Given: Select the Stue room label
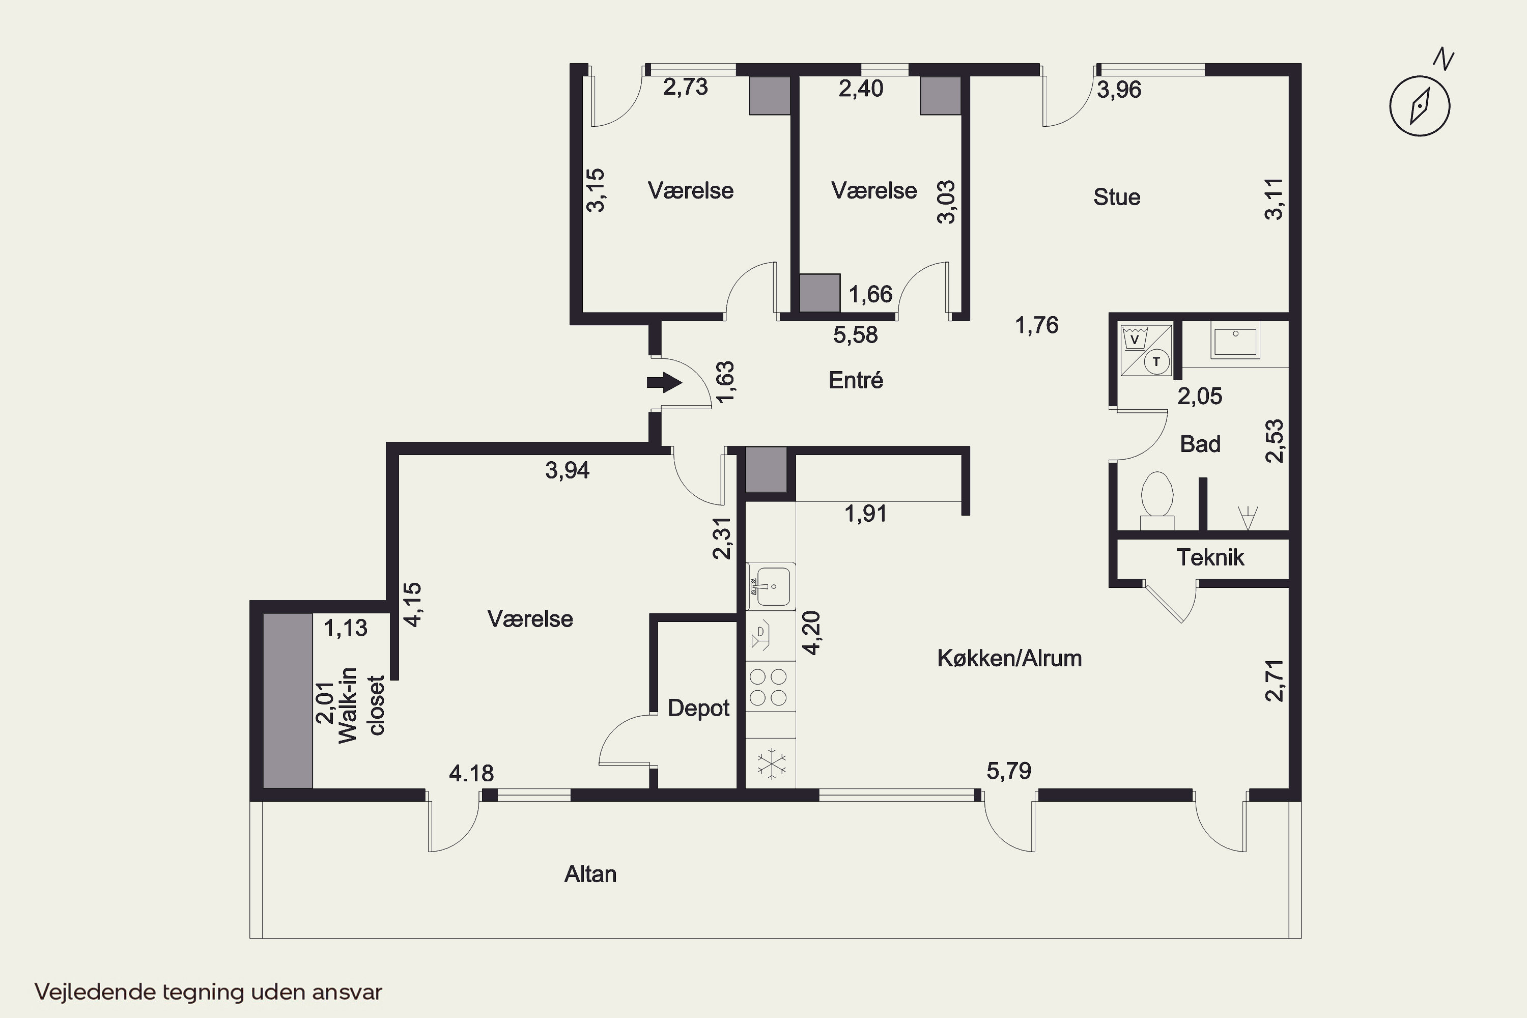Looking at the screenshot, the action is (1117, 196).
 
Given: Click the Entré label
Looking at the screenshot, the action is (856, 380).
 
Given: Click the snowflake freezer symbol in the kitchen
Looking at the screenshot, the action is (771, 763).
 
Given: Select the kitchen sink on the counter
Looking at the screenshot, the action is (771, 586).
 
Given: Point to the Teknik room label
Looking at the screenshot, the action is (1210, 557).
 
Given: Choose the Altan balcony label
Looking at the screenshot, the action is (590, 874).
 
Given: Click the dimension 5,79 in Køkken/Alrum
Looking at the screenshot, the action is (1009, 771).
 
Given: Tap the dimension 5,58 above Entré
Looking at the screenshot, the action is (856, 335).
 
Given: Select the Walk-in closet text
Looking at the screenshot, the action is (361, 705).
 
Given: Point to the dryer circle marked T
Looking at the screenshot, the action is (1156, 361).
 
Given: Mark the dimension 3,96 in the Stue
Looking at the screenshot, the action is (1119, 90).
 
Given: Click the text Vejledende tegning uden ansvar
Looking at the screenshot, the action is (208, 992).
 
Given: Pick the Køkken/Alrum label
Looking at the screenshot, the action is (1009, 658).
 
